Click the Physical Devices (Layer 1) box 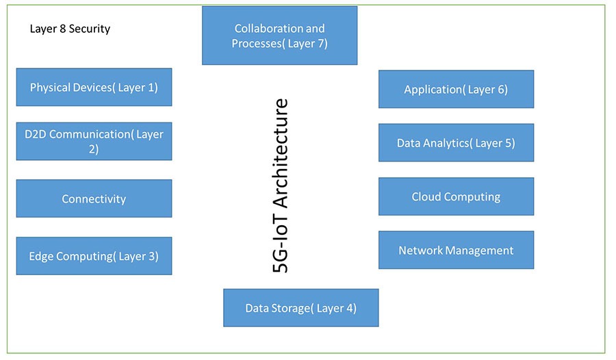click(94, 87)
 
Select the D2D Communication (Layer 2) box click(94, 141)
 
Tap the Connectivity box click(94, 198)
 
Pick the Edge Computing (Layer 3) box click(94, 256)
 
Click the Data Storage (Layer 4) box click(300, 308)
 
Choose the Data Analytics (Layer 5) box click(456, 143)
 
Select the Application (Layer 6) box click(456, 89)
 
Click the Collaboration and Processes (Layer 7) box click(279, 36)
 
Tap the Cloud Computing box click(456, 196)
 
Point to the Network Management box click(456, 250)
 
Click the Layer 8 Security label click(70, 29)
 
